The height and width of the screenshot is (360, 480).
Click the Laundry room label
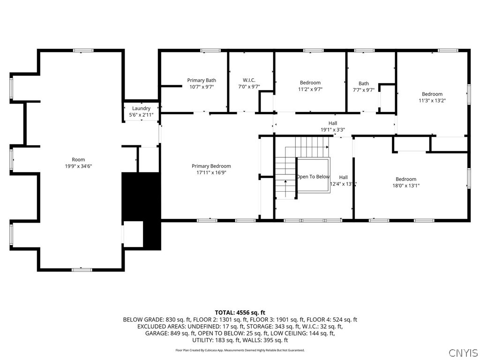141,108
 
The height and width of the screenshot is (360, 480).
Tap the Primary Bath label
202,80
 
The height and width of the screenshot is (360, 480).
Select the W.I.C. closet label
248,80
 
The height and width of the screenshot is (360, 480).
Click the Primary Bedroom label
211,166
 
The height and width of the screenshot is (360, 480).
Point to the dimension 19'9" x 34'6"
78,166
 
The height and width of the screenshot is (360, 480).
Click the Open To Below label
313,177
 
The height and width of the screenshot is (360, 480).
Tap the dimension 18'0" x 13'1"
405,186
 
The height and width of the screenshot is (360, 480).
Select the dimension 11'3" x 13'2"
432,100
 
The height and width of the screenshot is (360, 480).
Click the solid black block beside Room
141,197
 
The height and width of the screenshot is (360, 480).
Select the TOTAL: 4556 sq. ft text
240,312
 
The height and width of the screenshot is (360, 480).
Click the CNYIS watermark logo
463,352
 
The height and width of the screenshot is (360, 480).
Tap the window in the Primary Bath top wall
210,50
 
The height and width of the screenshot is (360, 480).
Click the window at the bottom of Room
82,270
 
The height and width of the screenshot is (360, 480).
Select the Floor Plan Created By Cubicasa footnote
240,350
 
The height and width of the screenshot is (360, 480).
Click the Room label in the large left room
78,160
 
